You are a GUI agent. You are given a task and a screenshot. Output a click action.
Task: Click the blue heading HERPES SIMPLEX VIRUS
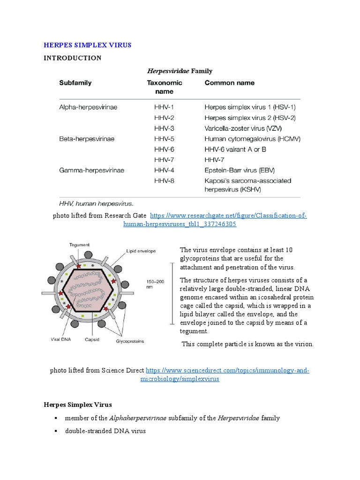click(x=88, y=45)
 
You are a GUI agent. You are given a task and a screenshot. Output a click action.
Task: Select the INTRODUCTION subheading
click(x=72, y=58)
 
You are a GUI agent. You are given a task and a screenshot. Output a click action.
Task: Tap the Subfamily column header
click(x=75, y=83)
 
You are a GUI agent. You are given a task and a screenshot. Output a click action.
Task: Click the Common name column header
click(x=230, y=83)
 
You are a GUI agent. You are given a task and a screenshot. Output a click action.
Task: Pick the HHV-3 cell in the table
click(x=164, y=128)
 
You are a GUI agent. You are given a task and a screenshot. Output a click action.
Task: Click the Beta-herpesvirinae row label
click(x=87, y=139)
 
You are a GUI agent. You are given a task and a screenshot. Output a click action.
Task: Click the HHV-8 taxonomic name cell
click(x=164, y=181)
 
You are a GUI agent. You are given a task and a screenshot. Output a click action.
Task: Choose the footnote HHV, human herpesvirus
click(x=96, y=204)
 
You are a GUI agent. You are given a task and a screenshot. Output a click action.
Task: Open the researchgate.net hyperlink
click(x=228, y=215)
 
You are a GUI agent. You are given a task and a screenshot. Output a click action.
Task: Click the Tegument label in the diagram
click(x=80, y=245)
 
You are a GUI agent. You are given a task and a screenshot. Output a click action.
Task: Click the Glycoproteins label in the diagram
click(x=130, y=341)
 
